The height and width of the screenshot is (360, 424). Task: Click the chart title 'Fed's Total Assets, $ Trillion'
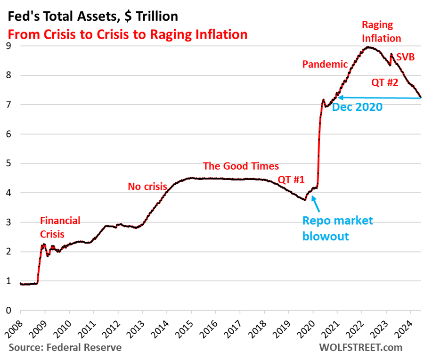point(92,16)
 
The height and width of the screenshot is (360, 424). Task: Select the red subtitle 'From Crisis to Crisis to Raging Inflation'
point(127,34)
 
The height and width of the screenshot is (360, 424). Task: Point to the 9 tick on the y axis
point(8,46)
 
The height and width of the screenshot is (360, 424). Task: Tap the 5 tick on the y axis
point(8,164)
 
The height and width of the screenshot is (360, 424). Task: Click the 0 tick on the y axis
point(8,311)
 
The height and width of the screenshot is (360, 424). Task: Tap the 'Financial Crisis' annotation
point(60,227)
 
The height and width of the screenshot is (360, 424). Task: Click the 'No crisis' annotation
point(147,187)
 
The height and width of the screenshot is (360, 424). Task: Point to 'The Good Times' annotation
point(241,166)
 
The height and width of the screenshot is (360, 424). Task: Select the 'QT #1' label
point(291,179)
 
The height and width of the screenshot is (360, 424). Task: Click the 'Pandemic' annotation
point(325,64)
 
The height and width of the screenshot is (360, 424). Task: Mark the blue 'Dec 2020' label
point(357,107)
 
